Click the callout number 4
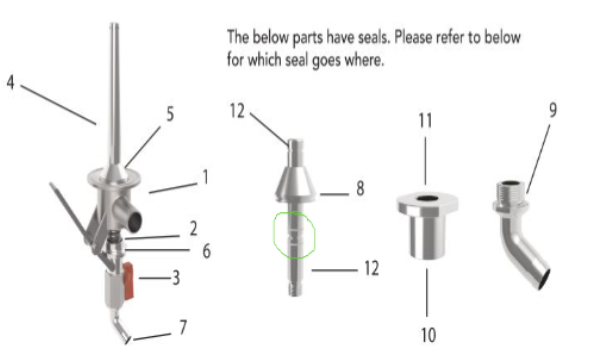click(x=11, y=82)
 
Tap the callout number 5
click(x=170, y=114)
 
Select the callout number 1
click(x=206, y=177)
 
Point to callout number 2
click(x=193, y=228)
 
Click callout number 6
click(x=206, y=251)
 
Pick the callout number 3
click(x=176, y=278)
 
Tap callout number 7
click(x=183, y=327)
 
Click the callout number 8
click(x=360, y=188)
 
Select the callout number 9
click(x=553, y=110)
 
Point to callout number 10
click(x=428, y=335)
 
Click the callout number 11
click(x=425, y=121)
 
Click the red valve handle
click(x=128, y=281)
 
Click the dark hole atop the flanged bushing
click(x=427, y=199)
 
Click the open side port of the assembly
click(x=134, y=221)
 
